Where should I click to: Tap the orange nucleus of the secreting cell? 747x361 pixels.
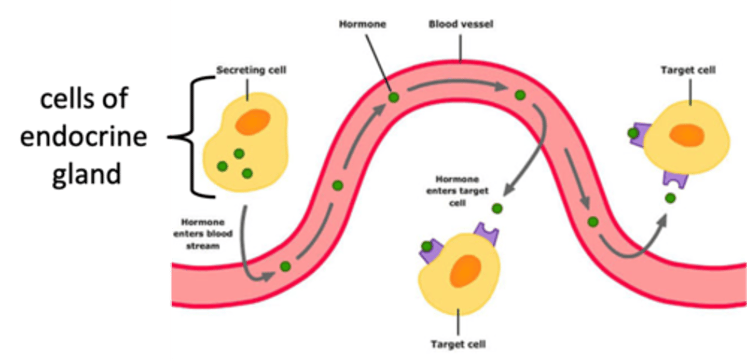click(x=253, y=121)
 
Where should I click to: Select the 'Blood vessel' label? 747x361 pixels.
click(x=453, y=24)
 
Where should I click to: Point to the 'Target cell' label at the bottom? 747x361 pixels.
click(x=459, y=344)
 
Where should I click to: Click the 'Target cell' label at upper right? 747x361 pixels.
click(x=688, y=70)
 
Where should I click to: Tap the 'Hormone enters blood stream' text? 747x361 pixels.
click(x=211, y=234)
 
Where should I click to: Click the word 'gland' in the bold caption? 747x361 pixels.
click(x=87, y=174)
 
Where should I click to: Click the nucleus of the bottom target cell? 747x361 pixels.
click(x=465, y=271)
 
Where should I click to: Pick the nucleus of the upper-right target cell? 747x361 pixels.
click(x=686, y=135)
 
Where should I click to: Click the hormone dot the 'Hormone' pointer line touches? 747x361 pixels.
click(x=394, y=97)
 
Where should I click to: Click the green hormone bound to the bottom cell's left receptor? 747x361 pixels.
click(x=426, y=246)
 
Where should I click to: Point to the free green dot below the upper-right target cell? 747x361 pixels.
click(x=671, y=198)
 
